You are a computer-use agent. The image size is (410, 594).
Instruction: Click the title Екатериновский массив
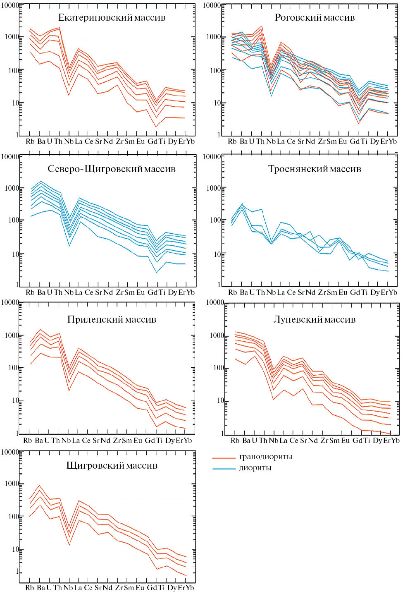tap(112, 17)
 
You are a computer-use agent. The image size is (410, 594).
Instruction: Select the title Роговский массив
tap(315, 17)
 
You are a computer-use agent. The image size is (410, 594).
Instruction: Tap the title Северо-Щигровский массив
tap(112, 169)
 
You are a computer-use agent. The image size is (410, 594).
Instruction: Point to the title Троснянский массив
tap(315, 169)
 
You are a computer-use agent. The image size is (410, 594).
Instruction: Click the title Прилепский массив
tap(112, 319)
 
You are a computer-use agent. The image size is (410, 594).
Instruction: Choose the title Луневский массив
tap(315, 319)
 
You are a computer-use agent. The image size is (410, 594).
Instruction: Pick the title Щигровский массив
tap(112, 465)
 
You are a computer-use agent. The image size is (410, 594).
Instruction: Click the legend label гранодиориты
tap(266, 457)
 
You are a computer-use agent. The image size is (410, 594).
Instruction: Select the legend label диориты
tap(255, 468)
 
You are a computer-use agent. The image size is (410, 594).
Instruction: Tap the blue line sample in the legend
tap(224, 469)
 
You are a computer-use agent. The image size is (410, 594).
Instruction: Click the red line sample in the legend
tap(224, 458)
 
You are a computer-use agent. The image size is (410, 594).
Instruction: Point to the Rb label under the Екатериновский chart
tap(30, 141)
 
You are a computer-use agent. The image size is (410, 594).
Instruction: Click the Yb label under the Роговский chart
tap(393, 141)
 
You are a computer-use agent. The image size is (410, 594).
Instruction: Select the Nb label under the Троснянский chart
tap(271, 292)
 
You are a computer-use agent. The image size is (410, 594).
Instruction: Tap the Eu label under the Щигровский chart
tap(140, 588)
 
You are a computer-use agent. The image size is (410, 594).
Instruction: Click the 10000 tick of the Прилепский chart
tap(11, 303)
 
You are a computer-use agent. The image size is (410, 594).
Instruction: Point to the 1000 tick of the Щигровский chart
tap(12, 484)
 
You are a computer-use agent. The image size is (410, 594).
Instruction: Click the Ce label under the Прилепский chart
tap(86, 441)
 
